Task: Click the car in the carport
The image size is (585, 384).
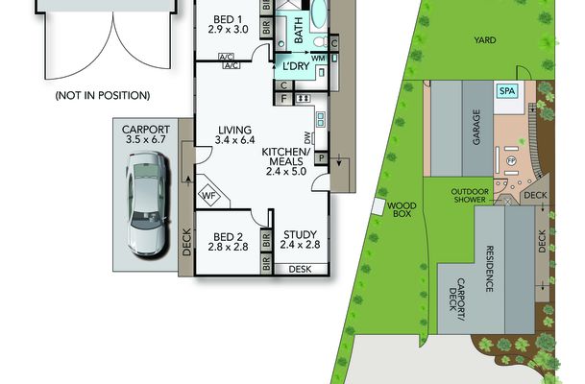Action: (x=147, y=204)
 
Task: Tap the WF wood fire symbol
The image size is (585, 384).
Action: (x=209, y=195)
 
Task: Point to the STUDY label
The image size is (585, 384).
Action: (x=300, y=234)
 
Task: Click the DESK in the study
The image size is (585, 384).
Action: (x=301, y=269)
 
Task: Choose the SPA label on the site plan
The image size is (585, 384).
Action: (x=507, y=91)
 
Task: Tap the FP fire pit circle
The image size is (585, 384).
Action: (x=511, y=161)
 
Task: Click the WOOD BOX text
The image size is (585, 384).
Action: (x=402, y=209)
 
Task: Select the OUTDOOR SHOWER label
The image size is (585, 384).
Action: (x=470, y=196)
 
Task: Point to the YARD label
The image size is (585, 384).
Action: (x=485, y=40)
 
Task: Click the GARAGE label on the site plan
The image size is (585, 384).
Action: (x=476, y=127)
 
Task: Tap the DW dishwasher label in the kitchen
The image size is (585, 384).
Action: (x=307, y=138)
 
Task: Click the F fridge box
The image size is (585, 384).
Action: (x=284, y=99)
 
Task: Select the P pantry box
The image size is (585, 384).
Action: (x=322, y=158)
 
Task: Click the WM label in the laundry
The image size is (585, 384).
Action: (x=318, y=59)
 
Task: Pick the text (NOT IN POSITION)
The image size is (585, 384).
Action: (x=103, y=95)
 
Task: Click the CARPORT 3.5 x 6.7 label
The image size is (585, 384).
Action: (x=146, y=134)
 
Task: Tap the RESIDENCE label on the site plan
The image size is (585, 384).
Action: (x=490, y=269)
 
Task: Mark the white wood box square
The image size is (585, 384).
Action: (x=378, y=206)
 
